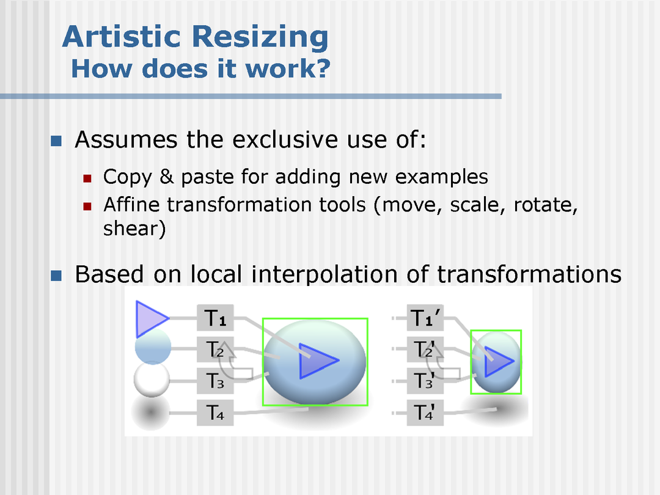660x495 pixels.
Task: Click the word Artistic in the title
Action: click(122, 37)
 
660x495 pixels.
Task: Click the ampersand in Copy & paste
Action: click(167, 177)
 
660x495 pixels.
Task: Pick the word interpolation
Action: click(324, 275)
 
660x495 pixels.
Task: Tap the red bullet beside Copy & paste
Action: click(87, 178)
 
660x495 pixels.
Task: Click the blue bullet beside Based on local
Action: click(56, 276)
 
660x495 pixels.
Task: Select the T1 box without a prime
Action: click(215, 317)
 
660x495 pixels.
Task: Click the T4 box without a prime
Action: click(215, 413)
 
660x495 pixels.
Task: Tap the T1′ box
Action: click(425, 317)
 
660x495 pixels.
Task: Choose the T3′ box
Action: click(425, 381)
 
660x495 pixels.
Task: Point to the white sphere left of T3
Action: click(152, 380)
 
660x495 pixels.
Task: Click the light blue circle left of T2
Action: click(153, 347)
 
